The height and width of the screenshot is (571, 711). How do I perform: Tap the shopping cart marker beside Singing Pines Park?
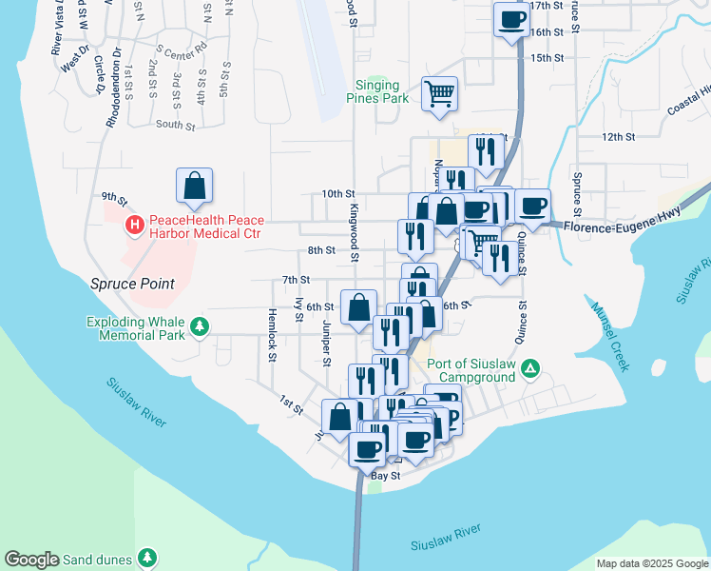(440, 94)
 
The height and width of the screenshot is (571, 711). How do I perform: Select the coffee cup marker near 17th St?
(511, 19)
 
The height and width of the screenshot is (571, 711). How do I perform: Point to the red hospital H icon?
(135, 226)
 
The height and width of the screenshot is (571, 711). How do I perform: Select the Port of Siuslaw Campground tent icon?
(532, 368)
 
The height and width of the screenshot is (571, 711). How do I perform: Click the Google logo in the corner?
(31, 560)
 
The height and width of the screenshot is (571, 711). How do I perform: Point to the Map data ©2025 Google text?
(652, 563)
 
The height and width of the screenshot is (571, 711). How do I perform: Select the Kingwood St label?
(354, 232)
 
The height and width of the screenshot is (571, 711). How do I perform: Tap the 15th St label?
(548, 58)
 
